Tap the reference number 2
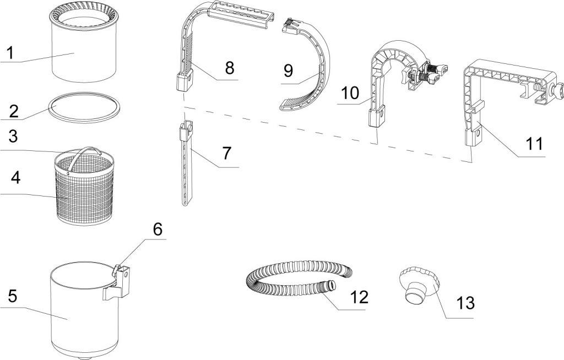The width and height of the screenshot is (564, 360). coord(14,110)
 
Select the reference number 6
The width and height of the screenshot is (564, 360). coord(158,230)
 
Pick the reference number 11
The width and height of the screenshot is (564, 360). coord(534,144)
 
